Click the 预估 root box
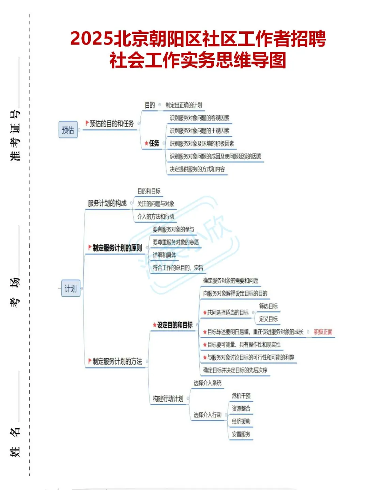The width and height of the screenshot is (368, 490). pyautogui.click(x=68, y=130)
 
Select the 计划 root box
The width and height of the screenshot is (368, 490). pyautogui.click(x=71, y=289)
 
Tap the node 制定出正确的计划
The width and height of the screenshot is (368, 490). pyautogui.click(x=184, y=105)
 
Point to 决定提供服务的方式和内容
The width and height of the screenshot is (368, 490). pyautogui.click(x=197, y=169)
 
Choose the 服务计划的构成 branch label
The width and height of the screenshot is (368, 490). pyautogui.click(x=107, y=203)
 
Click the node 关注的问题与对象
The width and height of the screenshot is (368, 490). pyautogui.click(x=156, y=204)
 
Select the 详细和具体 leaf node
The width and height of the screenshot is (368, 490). pyautogui.click(x=164, y=255)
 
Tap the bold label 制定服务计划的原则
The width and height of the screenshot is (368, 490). pyautogui.click(x=117, y=248)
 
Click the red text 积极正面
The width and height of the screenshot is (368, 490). pyautogui.click(x=323, y=332)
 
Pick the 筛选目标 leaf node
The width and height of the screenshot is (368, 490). pyautogui.click(x=268, y=306)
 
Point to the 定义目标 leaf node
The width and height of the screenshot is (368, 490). pyautogui.click(x=268, y=319)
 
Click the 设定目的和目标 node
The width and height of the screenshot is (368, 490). pyautogui.click(x=174, y=325)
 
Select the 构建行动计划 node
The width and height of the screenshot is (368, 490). pyautogui.click(x=168, y=399)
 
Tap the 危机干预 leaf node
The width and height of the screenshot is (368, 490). pyautogui.click(x=241, y=396)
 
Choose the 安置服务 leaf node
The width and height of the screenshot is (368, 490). pyautogui.click(x=241, y=434)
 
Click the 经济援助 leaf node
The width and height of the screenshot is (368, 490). pyautogui.click(x=241, y=421)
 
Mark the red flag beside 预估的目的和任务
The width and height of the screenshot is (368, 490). pyautogui.click(x=87, y=123)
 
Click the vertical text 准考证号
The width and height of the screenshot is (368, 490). pyautogui.click(x=15, y=135)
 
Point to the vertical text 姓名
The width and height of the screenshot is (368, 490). pyautogui.click(x=15, y=442)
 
